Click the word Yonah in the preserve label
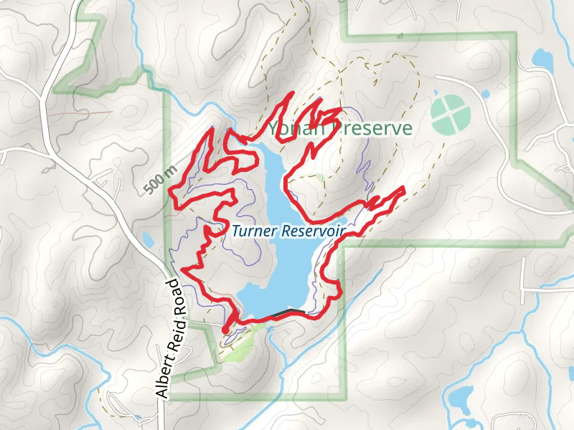pos(291,129)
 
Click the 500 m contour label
pos(159,178)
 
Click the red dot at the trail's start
pos(226,329)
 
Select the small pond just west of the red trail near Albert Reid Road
pos(148,239)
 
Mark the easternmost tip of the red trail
pos(404,188)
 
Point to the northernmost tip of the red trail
pos(291,94)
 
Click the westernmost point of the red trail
pos(169,192)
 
